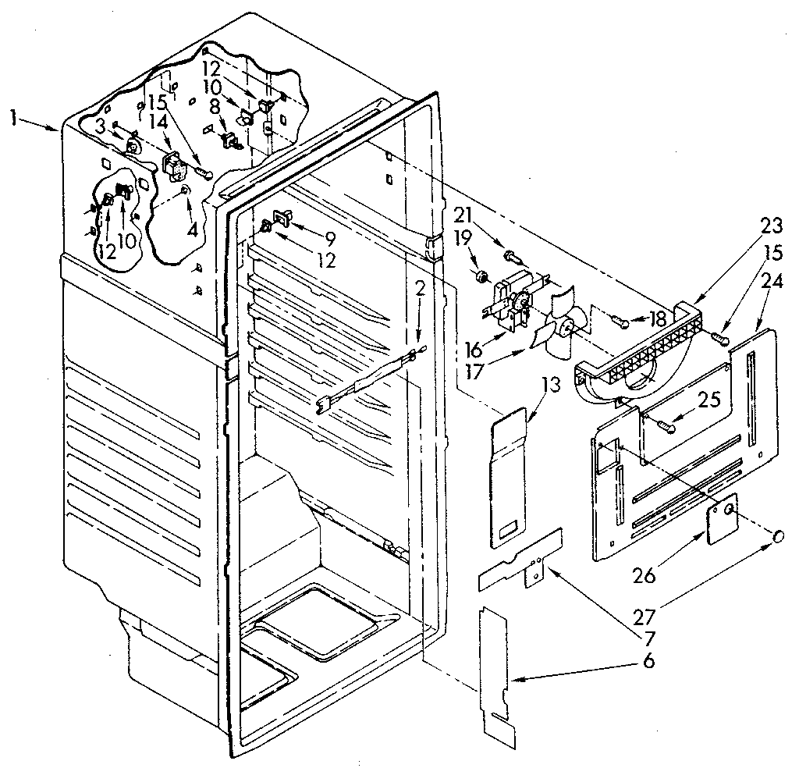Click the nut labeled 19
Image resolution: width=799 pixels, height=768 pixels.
pos(482,276)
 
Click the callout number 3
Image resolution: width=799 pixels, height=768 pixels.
pos(101,127)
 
